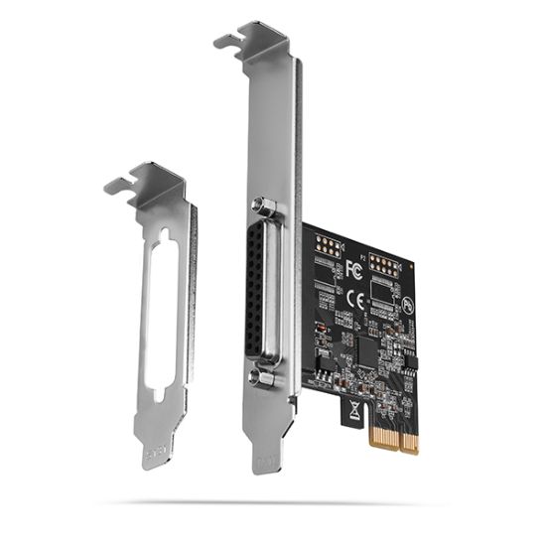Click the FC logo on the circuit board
tap(354, 268)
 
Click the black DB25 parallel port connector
tap(259, 292)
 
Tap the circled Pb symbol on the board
tap(408, 304)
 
